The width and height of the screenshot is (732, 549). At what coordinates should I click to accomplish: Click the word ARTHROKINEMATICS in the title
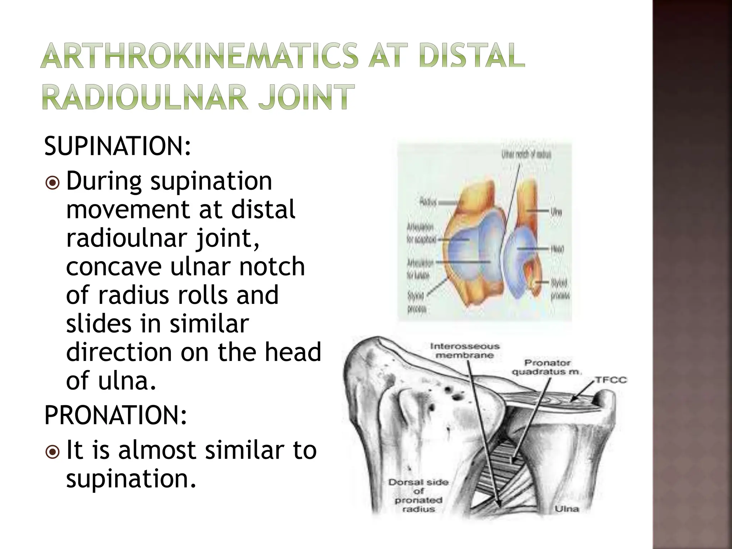point(199,56)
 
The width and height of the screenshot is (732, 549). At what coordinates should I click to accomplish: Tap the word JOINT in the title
point(306,97)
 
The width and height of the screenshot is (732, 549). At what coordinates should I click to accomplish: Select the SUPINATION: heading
point(118,147)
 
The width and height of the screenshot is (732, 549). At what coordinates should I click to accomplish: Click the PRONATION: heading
point(115,415)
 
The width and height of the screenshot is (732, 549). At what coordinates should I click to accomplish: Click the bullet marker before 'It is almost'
point(53,452)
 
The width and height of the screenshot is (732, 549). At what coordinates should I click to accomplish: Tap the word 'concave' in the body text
point(114,267)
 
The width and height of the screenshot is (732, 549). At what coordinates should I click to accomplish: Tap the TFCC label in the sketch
point(610,380)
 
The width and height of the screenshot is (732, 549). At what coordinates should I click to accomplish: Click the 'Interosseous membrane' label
point(464,351)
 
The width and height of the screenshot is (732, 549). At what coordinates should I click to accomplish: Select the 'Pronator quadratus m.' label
point(546,367)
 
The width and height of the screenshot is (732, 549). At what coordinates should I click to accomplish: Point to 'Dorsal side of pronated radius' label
point(419,495)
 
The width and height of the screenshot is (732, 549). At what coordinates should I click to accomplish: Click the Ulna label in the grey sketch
point(567,509)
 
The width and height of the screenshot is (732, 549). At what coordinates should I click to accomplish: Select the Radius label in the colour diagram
point(428,202)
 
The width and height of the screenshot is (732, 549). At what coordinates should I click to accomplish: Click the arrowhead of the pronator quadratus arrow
point(512,461)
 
